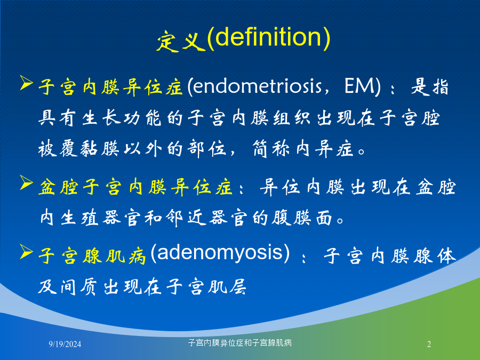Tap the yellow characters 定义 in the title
pos(181,41)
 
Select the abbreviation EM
pos(359,86)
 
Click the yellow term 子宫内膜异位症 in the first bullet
pos(110,87)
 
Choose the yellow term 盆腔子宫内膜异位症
pos(135,187)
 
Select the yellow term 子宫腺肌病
pos(92,256)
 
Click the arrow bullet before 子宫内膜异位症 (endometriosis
pos(26,83)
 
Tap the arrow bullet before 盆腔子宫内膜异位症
pos(26,182)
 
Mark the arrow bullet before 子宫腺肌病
pos(26,252)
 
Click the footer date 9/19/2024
pos(65,344)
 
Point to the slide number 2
pos(429,344)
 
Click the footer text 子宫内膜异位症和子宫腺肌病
pos(239,343)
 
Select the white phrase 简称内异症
pos(303,149)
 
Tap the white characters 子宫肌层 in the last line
pos(206,286)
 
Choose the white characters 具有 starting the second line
pos(57,118)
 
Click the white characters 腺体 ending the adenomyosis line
pos(435,256)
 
